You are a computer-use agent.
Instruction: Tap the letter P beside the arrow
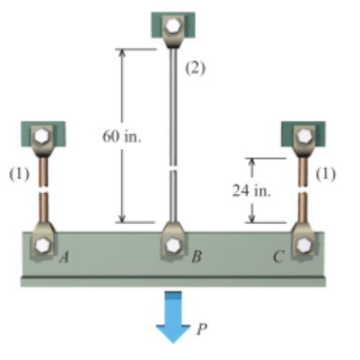coord(202,329)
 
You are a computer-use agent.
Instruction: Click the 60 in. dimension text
coord(122,138)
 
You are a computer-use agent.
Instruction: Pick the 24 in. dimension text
coord(251,190)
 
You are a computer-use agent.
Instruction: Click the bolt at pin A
coord(44,247)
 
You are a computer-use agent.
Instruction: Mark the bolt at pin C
coord(303,247)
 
